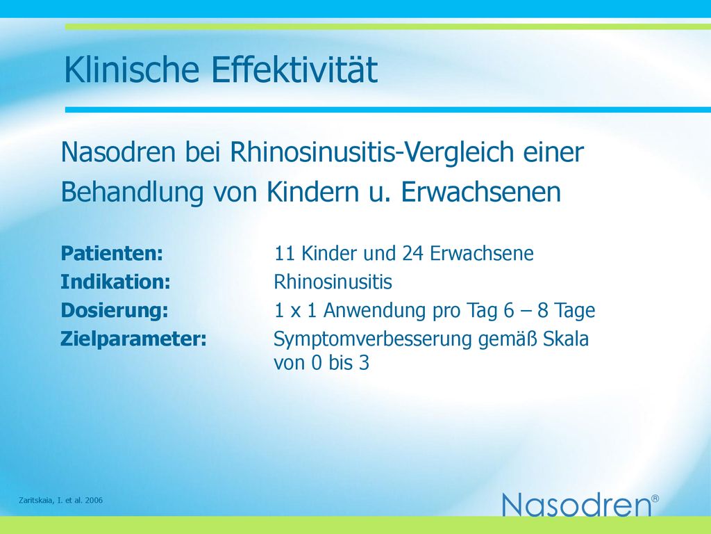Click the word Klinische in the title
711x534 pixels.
132,70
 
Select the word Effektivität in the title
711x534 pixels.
294,70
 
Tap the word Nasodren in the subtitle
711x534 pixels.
118,152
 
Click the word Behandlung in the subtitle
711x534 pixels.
132,193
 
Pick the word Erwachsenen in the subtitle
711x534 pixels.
481,192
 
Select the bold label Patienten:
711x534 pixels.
112,253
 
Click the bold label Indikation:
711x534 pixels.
116,282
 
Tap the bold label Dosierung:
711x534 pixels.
115,311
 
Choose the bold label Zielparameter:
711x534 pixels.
134,339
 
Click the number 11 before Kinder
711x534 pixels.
285,253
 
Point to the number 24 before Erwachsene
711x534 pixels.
412,253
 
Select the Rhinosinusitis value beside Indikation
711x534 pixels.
333,282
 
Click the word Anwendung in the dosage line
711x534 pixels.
374,311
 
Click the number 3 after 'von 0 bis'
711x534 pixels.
364,363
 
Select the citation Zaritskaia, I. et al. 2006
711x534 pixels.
61,501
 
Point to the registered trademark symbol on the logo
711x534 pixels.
655,499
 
